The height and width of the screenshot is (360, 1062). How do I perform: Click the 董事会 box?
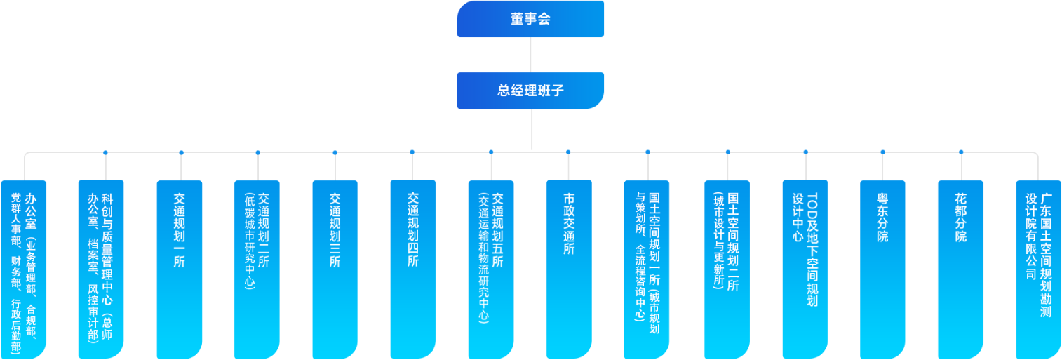coord(530,19)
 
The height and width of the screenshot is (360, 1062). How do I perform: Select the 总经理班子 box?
coord(530,91)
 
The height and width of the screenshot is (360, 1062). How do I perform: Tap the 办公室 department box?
coord(24,270)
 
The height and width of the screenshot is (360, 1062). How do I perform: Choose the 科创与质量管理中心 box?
coord(101,270)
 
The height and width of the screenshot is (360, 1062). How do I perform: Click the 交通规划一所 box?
coord(180,270)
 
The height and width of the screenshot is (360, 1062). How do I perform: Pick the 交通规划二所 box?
coord(257,270)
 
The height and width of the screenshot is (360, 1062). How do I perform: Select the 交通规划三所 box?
coord(335,270)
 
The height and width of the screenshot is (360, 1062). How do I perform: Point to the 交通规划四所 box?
coord(412,270)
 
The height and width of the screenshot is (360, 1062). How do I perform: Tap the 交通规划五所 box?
coord(491,270)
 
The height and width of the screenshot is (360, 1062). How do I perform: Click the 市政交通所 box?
coord(569,270)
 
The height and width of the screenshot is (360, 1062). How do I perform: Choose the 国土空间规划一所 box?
coord(647,270)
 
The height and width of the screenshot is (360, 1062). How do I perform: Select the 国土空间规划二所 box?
coord(727,270)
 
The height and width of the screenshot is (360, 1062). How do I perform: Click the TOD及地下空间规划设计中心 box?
coord(805,270)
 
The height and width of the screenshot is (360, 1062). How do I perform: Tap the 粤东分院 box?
coord(882,270)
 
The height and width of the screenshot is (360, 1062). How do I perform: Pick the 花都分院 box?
coord(960,270)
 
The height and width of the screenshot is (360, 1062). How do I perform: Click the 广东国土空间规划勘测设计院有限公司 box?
coord(1039,270)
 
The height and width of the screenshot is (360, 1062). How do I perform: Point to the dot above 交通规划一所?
coord(181,152)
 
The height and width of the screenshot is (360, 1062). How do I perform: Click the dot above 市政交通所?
coord(568,152)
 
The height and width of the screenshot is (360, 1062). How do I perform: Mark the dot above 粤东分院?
coord(882,152)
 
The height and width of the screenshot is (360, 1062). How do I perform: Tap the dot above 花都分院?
coord(961,152)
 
